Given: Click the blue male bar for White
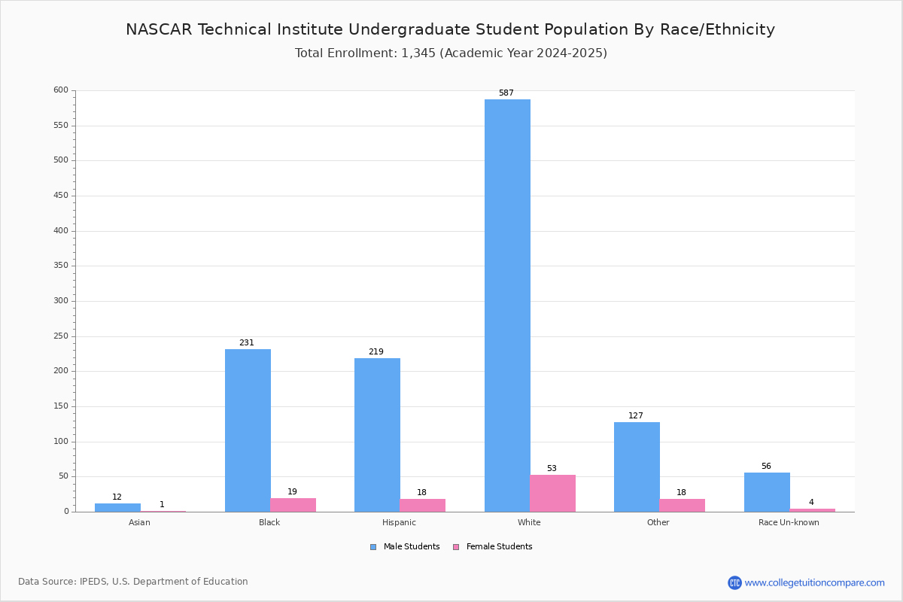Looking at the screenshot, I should tap(507, 306).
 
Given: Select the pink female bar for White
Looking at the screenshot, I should tap(552, 494).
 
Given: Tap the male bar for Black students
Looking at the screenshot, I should tap(248, 430).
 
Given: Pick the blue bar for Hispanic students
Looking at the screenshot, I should tap(377, 435).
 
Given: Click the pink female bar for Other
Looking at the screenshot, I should tap(682, 506).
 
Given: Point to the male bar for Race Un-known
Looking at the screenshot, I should tap(767, 492).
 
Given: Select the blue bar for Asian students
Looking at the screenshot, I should tap(117, 508).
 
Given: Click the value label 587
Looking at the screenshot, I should tap(506, 93).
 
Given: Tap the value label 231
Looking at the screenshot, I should tap(247, 343).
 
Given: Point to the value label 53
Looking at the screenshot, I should tap(552, 469).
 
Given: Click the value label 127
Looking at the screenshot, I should tap(636, 416).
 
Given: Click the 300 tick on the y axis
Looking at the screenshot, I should tap(60, 301).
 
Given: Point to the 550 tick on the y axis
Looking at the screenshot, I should tap(60, 126).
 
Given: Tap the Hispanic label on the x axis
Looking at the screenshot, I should tap(399, 523).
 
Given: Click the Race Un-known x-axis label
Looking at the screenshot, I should tap(789, 523).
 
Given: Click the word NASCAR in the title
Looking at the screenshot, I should tap(160, 30).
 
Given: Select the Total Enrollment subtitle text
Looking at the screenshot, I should tap(451, 53).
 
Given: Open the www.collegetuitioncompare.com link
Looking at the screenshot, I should tap(814, 582).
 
